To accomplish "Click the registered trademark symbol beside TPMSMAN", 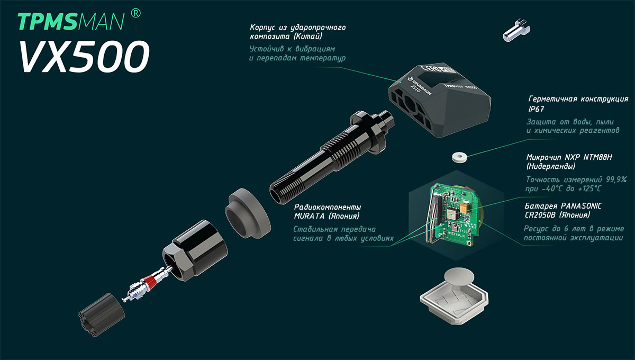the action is (x=136, y=13).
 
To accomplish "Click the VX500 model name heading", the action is (x=84, y=57).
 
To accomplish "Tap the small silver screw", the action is (x=516, y=30).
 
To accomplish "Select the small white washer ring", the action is (x=459, y=157).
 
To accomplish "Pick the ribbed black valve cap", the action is (x=101, y=315).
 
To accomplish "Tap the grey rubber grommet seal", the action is (x=248, y=213).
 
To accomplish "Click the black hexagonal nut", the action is (x=195, y=250).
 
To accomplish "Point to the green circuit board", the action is (x=453, y=215).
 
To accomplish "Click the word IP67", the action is (x=537, y=109).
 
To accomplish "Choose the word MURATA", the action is (x=309, y=216).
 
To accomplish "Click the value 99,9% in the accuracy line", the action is (x=616, y=180).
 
